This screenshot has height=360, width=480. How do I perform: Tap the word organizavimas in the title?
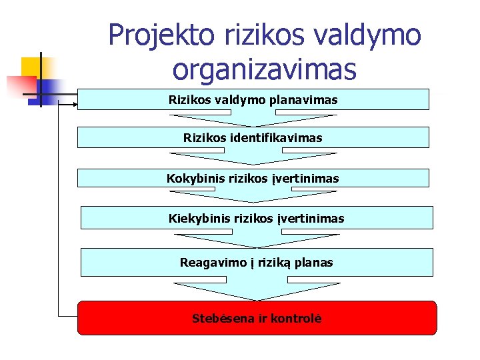[x=264, y=69]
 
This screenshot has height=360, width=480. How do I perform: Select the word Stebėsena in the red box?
[x=222, y=319]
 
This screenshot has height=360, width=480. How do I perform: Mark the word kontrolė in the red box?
[x=296, y=319]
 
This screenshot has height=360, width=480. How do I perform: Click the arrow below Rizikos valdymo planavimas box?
[x=253, y=120]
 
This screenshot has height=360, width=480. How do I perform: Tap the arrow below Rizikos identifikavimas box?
[x=253, y=159]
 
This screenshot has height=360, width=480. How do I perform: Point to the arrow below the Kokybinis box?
[x=253, y=197]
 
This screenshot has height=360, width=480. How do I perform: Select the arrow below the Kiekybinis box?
[x=257, y=238]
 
